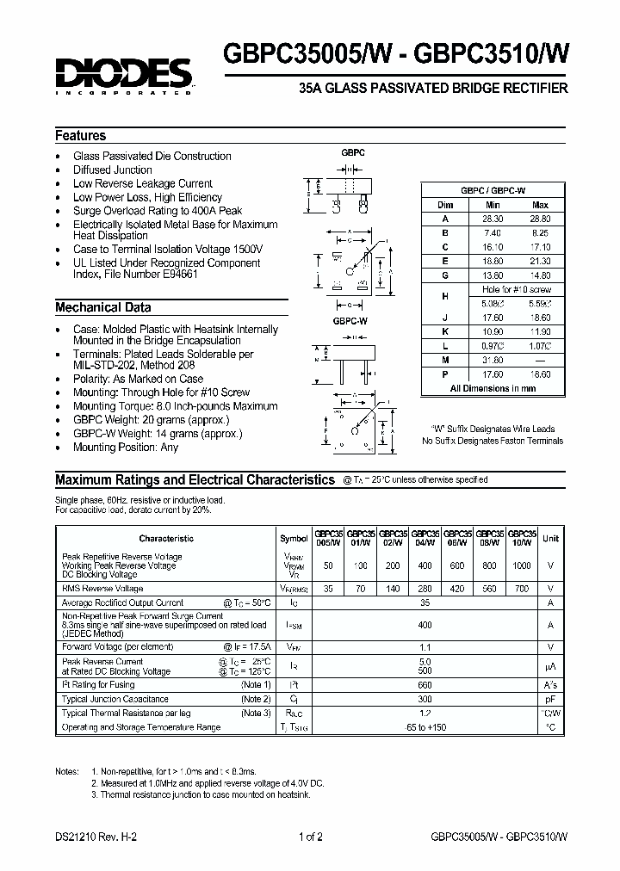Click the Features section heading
(81, 136)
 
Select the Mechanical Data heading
(103, 307)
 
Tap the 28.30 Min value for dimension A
(493, 219)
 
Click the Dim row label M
(445, 361)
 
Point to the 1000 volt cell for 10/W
(522, 565)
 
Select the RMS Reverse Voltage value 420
(456, 589)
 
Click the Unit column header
(551, 538)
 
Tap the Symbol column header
(294, 538)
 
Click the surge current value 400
(425, 626)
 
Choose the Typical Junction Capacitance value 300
(425, 700)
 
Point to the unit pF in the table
(551, 700)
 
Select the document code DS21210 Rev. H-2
(95, 837)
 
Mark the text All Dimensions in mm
(493, 389)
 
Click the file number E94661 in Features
(178, 276)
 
